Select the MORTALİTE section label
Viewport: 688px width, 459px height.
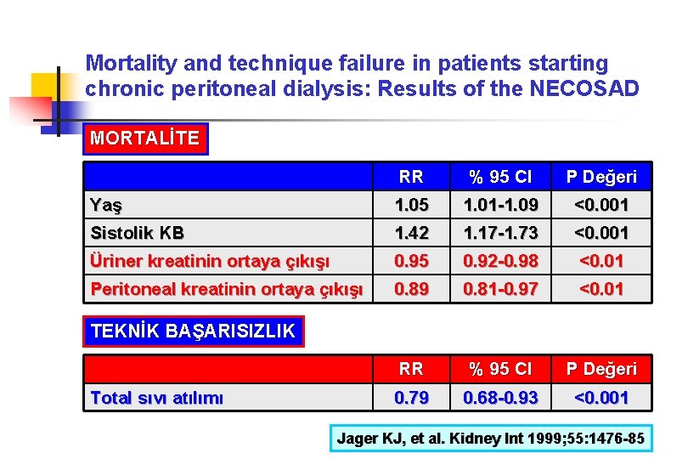pyautogui.click(x=144, y=139)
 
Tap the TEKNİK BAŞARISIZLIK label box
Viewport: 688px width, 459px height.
pyautogui.click(x=193, y=331)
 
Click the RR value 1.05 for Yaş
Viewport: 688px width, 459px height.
pyautogui.click(x=411, y=205)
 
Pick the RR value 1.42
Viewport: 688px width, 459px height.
pyautogui.click(x=411, y=233)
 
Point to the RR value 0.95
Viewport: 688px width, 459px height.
pyautogui.click(x=411, y=261)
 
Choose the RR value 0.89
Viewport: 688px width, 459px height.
pyautogui.click(x=411, y=289)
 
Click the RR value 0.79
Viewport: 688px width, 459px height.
pyautogui.click(x=411, y=397)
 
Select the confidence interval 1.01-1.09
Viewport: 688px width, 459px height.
pyautogui.click(x=501, y=205)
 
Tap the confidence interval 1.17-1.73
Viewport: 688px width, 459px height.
pyautogui.click(x=501, y=233)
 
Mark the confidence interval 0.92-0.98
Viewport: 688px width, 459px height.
pyautogui.click(x=501, y=261)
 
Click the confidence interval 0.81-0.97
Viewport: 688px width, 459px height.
pyautogui.click(x=501, y=289)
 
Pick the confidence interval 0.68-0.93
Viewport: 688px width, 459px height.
pyautogui.click(x=501, y=397)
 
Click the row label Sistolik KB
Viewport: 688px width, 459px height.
pyautogui.click(x=137, y=233)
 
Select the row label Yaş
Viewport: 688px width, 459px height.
pyautogui.click(x=106, y=205)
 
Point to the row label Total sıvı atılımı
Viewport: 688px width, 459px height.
pyautogui.click(x=156, y=397)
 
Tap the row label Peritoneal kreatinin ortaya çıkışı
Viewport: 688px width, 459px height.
pyautogui.click(x=226, y=289)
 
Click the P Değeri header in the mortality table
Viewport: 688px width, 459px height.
pyautogui.click(x=601, y=177)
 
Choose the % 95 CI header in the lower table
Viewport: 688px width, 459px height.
pyautogui.click(x=501, y=369)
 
